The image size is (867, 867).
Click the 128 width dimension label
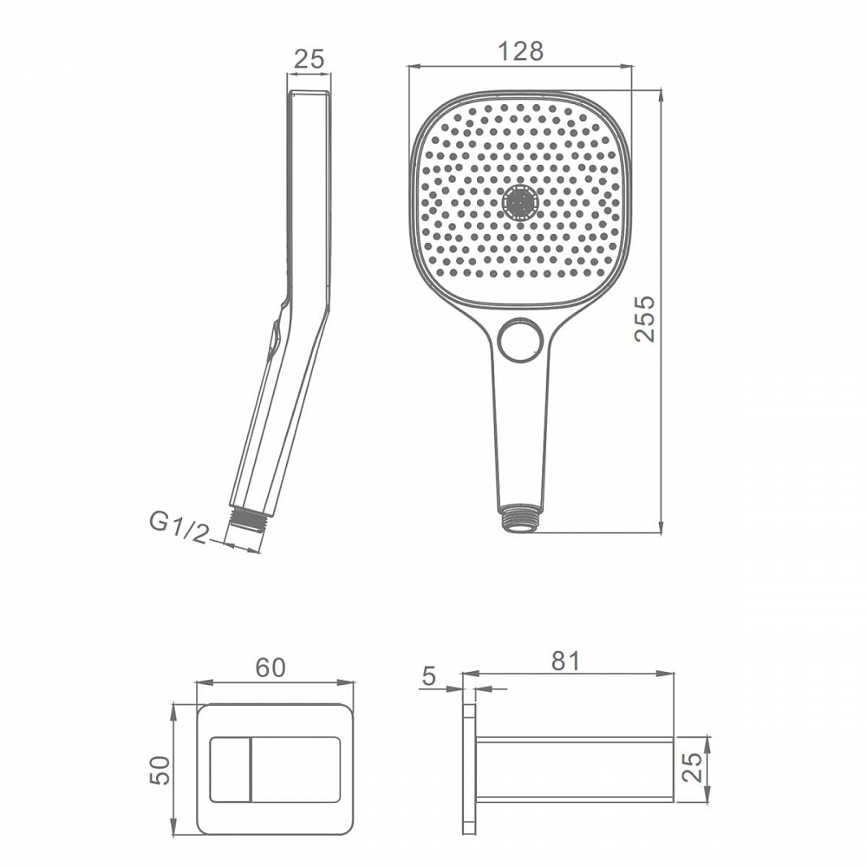520,51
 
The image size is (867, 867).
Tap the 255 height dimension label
645,319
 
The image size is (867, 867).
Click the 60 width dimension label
271,668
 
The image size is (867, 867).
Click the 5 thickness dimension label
429,675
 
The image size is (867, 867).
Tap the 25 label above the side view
309,59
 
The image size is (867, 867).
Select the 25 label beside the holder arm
692,766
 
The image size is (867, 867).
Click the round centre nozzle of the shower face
519,202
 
